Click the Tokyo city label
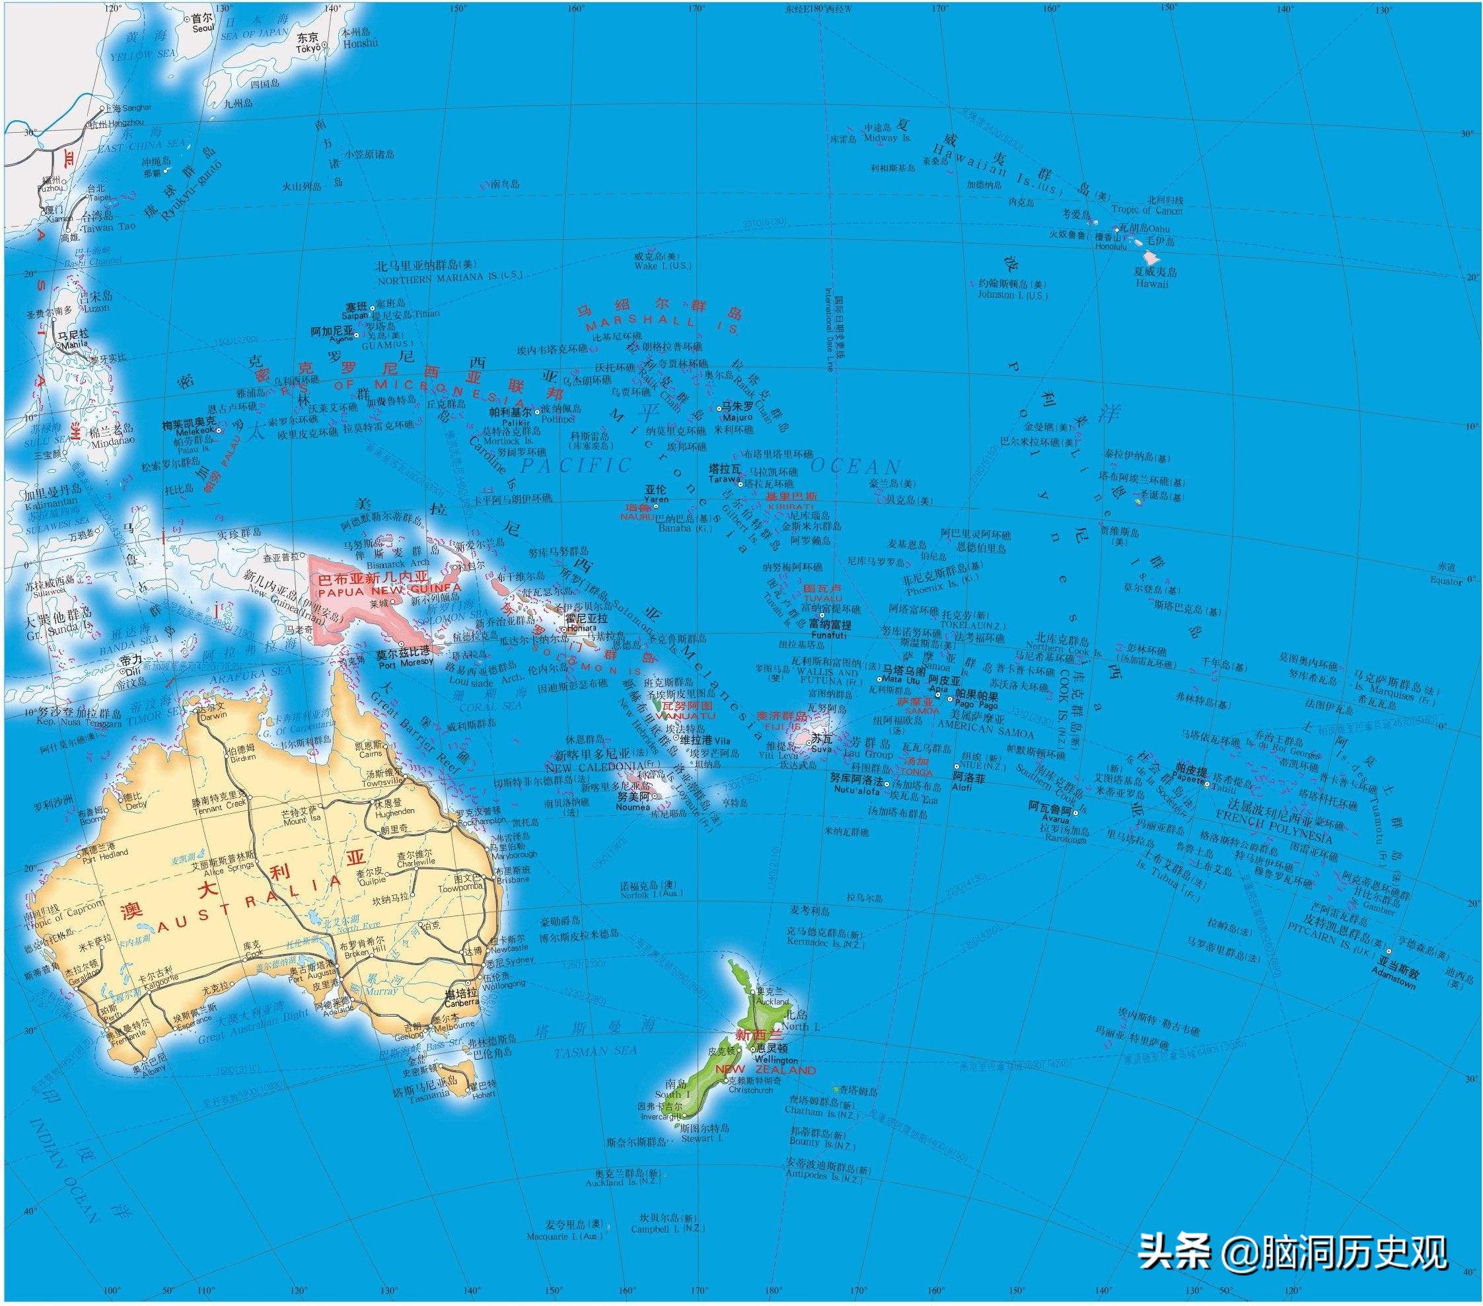pos(308,48)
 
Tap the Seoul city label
pos(203,28)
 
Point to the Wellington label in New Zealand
pos(776,1060)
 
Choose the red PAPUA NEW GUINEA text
pos(389,589)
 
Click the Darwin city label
pos(211,715)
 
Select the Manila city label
pos(75,345)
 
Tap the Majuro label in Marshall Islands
pos(737,418)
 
